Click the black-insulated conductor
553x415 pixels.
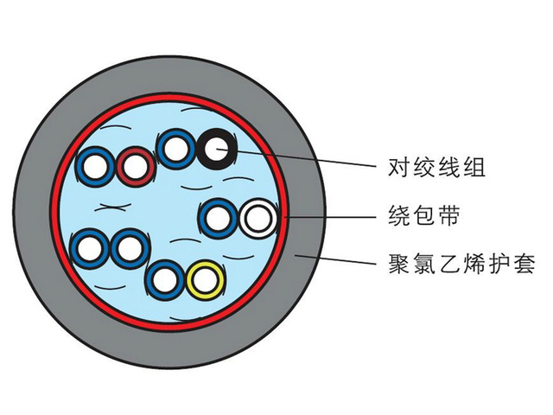[213, 149]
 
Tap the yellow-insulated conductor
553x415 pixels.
[206, 279]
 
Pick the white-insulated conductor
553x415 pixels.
[257, 218]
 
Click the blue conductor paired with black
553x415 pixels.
[175, 149]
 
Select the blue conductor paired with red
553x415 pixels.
[94, 165]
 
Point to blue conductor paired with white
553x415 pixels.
[217, 217]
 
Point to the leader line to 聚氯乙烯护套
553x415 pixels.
[337, 259]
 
